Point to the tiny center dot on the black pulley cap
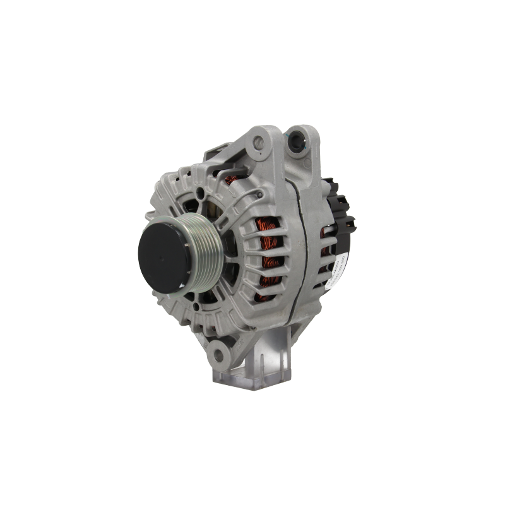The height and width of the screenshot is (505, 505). [159, 253]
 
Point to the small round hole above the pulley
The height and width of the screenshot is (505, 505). [200, 191]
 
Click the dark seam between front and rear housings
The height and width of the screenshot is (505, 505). [302, 252]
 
